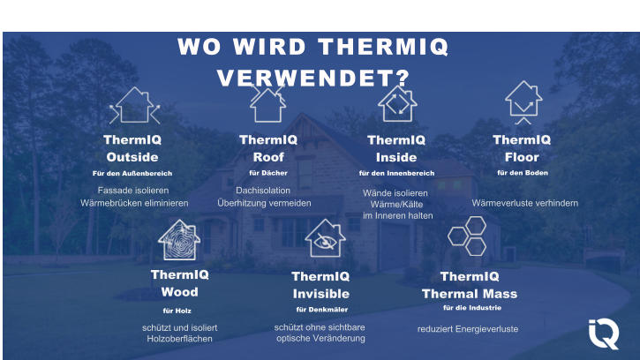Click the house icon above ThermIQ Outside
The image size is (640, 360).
point(134,106)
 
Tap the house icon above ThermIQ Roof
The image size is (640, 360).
point(267,103)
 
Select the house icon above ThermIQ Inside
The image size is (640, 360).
point(397,104)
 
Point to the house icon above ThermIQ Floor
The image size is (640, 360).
point(523,103)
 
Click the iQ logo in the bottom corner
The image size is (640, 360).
point(605,334)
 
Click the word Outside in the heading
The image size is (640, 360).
point(132,157)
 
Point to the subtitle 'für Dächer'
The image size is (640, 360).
point(268,173)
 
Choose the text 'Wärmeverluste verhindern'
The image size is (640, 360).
point(524,204)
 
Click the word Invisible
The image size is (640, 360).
point(320,294)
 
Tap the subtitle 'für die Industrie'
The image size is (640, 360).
point(471,308)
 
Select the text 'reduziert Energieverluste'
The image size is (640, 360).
point(468,329)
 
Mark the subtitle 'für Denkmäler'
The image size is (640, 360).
point(321,310)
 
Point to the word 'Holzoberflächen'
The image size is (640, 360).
point(179,340)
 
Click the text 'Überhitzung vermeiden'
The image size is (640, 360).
point(264,203)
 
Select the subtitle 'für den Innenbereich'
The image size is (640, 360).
point(396,173)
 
